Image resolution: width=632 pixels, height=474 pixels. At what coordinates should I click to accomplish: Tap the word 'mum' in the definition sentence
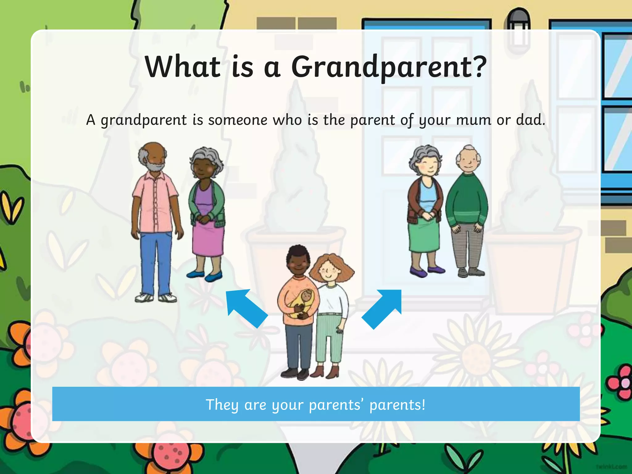pos(473,120)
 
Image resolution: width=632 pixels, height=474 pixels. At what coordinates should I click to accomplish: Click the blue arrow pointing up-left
pos(245,307)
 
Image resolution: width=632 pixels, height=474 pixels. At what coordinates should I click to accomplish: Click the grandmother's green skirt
pos(424,235)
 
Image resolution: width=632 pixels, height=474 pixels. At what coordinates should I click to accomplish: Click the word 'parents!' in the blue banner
pos(397,405)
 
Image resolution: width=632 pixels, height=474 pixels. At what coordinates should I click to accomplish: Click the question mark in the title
pos(479,66)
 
